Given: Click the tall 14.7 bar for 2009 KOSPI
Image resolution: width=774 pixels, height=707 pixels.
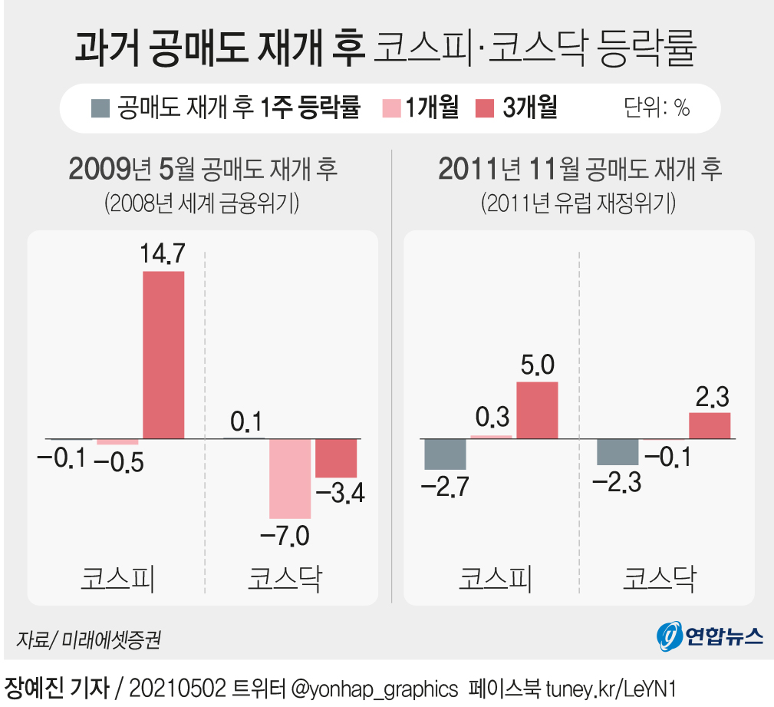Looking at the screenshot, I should (x=163, y=355).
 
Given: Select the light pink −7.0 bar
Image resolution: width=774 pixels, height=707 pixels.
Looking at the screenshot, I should (x=289, y=478).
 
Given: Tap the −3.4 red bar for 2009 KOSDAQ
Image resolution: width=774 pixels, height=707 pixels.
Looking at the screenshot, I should (x=337, y=458).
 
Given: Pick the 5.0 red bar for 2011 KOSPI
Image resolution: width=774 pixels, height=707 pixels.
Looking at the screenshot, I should (x=537, y=410).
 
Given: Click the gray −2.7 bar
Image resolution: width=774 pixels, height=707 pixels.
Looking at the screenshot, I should (x=445, y=454).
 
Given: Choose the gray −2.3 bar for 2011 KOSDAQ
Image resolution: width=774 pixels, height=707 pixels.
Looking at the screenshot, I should (x=618, y=451).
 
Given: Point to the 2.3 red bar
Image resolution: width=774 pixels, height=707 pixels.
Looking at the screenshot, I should (x=710, y=425).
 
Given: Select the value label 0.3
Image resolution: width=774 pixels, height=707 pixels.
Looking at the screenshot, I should (x=492, y=418).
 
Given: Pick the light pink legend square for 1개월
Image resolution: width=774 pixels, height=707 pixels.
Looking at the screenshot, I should (x=391, y=108).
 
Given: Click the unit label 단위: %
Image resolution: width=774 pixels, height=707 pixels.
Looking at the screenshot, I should (x=657, y=108).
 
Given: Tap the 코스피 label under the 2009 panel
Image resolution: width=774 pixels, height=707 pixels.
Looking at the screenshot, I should (x=117, y=577).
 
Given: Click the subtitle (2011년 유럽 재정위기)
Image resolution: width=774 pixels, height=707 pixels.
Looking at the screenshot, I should (x=578, y=203).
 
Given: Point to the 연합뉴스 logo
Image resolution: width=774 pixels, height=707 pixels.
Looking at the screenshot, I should (x=710, y=636).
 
